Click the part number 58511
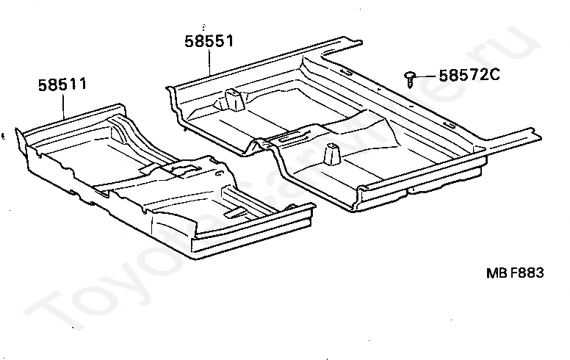(62, 84)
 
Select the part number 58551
(209, 41)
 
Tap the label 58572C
(470, 74)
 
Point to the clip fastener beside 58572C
(411, 77)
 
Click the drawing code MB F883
(514, 273)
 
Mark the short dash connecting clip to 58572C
(428, 75)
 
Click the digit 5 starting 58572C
(444, 74)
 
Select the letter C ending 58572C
(496, 74)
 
